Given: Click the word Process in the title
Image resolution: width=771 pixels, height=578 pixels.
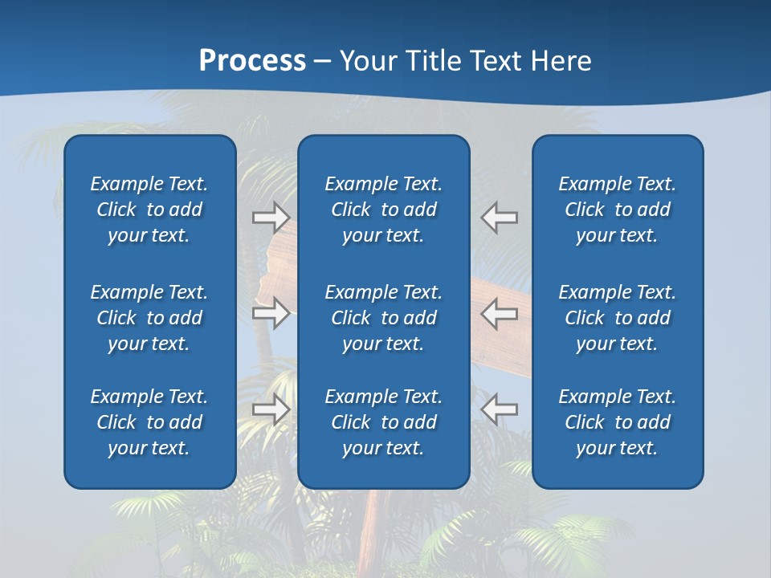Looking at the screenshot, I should tap(252, 61).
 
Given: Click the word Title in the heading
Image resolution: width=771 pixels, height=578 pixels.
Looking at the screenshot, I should tap(431, 61).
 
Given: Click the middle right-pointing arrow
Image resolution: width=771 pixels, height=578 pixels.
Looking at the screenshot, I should tap(271, 313).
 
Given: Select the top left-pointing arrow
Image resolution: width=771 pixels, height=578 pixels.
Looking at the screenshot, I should tap(499, 218).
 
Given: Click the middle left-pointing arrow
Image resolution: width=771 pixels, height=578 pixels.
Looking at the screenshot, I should tap(499, 313).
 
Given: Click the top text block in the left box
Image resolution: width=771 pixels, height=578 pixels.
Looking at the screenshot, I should tap(149, 210).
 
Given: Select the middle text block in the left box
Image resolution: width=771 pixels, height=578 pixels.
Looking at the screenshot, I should tap(149, 318).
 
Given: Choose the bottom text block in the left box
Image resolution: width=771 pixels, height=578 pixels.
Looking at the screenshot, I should tap(149, 422).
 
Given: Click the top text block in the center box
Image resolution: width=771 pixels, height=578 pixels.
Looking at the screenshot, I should tap(383, 210).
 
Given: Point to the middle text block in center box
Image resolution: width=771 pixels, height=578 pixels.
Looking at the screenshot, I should tap(383, 318).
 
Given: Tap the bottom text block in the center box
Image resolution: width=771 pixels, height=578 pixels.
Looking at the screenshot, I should tap(383, 422).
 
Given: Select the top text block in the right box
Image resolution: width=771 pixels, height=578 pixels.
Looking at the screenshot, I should tap(617, 210).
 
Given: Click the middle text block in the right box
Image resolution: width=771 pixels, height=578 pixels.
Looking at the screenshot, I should tap(617, 318).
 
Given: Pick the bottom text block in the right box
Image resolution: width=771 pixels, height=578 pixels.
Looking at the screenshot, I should tap(617, 422).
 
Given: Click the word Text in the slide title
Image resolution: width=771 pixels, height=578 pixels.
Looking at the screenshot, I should tap(495, 61).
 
